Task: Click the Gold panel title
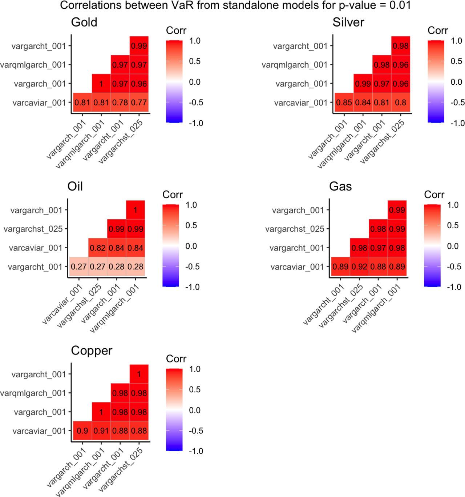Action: click(x=84, y=23)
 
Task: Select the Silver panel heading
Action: click(x=348, y=23)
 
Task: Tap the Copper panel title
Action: click(x=92, y=351)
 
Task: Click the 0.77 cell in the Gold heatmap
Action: click(x=139, y=103)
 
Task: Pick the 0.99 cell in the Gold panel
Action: click(x=139, y=46)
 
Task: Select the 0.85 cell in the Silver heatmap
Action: click(x=344, y=103)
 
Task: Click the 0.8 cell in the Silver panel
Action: click(x=400, y=103)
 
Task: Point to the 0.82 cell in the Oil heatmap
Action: click(x=97, y=248)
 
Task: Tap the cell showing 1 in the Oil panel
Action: click(x=135, y=210)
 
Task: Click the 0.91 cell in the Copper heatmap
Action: click(x=101, y=431)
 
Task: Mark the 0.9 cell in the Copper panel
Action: click(x=82, y=431)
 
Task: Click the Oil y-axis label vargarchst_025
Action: click(x=33, y=229)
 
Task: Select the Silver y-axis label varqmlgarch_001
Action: click(x=295, y=65)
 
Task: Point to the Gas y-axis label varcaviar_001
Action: click(x=297, y=267)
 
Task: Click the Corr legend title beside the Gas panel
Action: click(x=434, y=195)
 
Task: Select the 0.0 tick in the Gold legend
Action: click(x=195, y=82)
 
